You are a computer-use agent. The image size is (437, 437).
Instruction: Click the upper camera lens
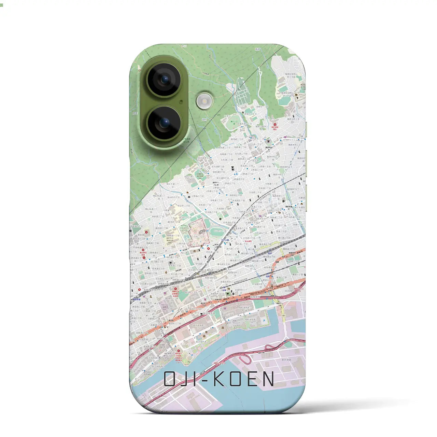click(164, 80)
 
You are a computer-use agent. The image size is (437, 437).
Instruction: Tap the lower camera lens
click(164, 122)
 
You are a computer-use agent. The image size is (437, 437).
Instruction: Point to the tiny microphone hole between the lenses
click(181, 101)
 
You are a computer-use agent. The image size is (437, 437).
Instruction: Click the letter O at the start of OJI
click(171, 379)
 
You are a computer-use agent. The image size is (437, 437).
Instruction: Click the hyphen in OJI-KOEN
click(205, 379)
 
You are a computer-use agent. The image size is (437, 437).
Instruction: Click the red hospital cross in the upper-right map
click(275, 125)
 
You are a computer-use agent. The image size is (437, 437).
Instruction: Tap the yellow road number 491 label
click(284, 316)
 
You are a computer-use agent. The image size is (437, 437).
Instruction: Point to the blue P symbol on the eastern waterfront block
click(264, 321)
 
